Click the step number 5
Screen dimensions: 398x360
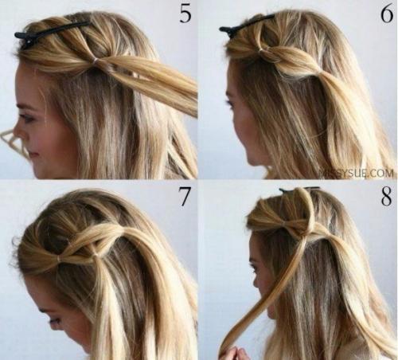coord(185,13)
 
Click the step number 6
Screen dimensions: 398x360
coord(387,13)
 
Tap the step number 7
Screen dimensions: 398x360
coord(185,197)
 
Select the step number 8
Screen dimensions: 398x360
coord(386,197)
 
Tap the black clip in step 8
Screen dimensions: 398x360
coord(300,190)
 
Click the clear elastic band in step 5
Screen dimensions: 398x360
coord(96,61)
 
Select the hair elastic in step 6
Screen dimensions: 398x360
coord(261,49)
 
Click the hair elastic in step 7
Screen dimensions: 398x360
coord(59,258)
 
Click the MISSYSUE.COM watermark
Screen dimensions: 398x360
coord(357,174)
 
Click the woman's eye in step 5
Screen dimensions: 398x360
coord(26,118)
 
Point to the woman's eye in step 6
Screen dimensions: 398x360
coord(228,102)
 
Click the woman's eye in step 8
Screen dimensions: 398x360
coord(257,270)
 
